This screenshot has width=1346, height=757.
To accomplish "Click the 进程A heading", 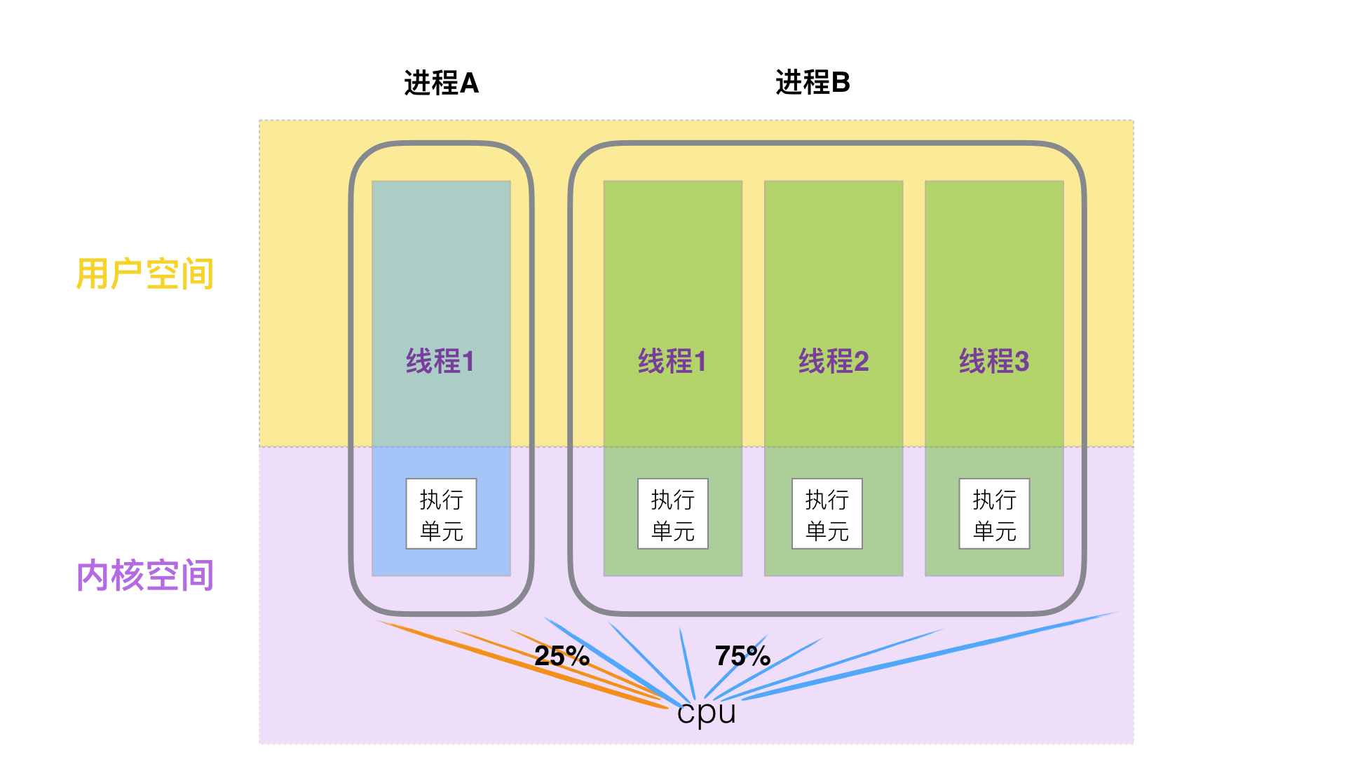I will point(441,83).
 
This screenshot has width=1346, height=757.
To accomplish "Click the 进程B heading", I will point(813,83).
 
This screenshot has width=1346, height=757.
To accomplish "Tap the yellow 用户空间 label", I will point(144,273).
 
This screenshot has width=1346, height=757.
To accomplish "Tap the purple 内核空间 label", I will point(144,575).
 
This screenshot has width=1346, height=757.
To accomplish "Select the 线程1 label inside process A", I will point(440,362).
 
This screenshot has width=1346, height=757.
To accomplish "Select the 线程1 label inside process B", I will point(672,362).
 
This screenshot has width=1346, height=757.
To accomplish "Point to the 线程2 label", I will point(833,362).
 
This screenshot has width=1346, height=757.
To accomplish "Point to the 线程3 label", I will point(993,362).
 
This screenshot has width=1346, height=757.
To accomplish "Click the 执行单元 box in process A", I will point(441,514).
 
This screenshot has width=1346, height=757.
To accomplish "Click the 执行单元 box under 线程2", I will point(827,514).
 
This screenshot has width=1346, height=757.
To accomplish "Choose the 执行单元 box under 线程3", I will point(994,514).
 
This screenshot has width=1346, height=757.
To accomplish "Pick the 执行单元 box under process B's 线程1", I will point(672,514).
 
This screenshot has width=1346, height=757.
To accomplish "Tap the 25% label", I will point(561,656).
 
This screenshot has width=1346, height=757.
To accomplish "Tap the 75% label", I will point(742,656).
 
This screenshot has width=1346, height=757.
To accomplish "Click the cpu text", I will point(706,713).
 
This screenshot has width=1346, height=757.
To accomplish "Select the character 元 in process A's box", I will point(453,531).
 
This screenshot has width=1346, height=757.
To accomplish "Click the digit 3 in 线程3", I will point(1021,362).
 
